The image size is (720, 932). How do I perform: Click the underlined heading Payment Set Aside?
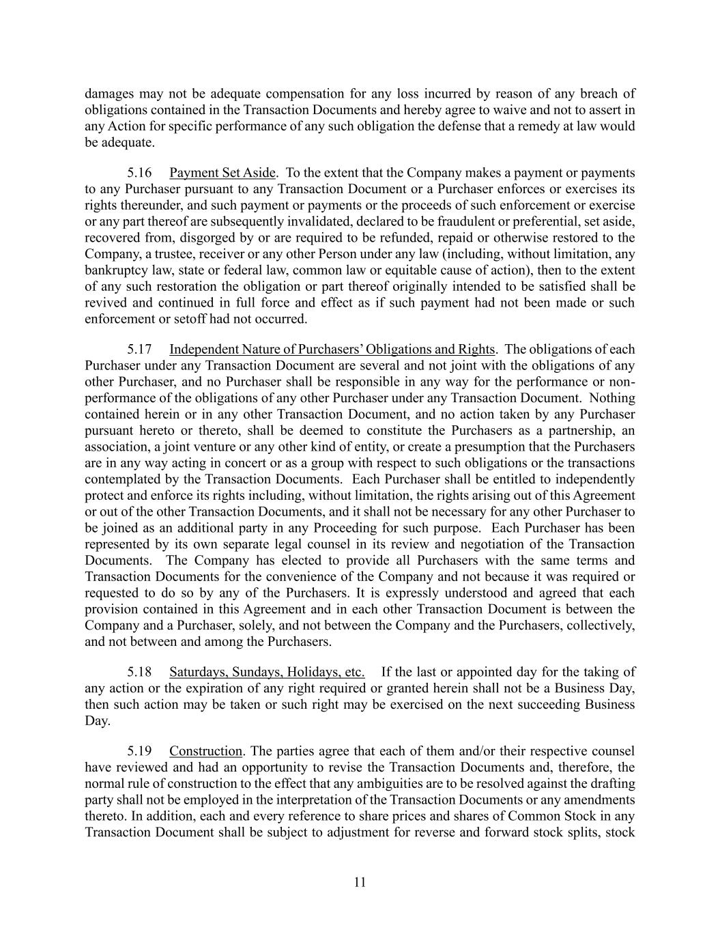222,173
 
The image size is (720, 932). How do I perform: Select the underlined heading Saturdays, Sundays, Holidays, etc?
267,672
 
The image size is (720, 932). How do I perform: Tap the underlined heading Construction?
205,752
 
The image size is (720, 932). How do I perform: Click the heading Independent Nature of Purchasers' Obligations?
332,350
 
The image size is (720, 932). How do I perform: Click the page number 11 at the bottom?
360,882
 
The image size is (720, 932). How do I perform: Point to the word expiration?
198,688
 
